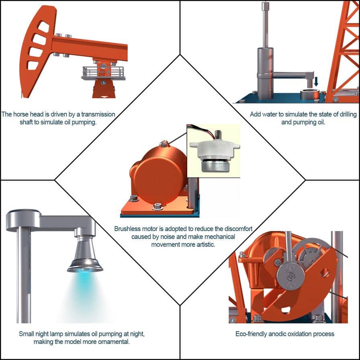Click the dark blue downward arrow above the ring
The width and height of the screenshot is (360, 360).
(x=316, y=82)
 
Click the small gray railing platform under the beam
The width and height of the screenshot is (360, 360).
(x=103, y=73)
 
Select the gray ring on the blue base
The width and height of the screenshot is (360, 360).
(x=310, y=94)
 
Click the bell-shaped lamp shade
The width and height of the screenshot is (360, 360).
(x=84, y=255)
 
